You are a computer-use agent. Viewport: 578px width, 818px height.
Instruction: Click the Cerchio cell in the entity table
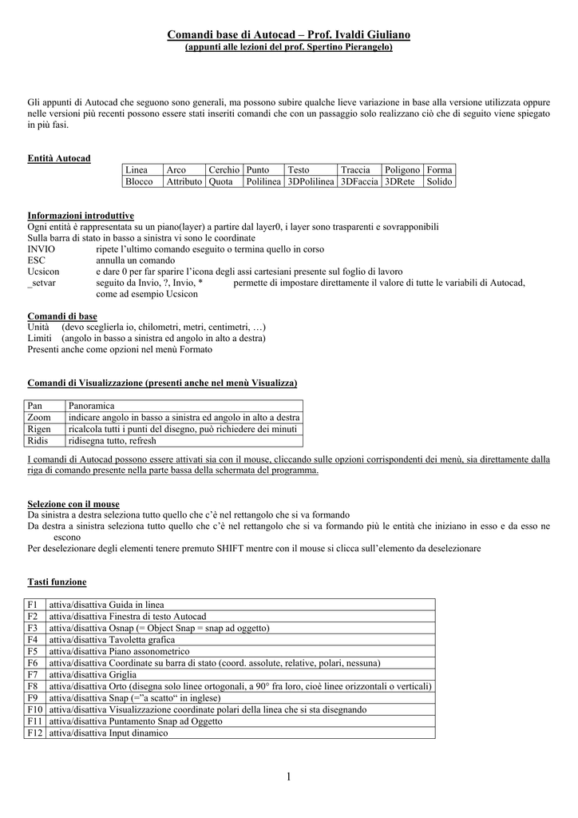click(x=224, y=170)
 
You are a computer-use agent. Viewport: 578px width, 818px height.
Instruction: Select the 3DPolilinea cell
click(x=311, y=182)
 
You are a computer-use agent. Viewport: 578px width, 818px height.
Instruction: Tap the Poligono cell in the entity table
click(x=402, y=170)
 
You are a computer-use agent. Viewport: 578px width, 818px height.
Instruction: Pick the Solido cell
click(x=439, y=182)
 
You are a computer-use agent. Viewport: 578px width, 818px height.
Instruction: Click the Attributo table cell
click(x=184, y=182)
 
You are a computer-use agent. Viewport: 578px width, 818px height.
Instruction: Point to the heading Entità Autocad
click(x=59, y=158)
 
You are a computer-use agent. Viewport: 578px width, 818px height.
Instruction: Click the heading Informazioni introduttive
click(x=81, y=216)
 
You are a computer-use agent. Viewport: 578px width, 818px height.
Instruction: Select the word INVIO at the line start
click(x=42, y=249)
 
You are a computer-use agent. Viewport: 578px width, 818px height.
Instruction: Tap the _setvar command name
click(x=42, y=283)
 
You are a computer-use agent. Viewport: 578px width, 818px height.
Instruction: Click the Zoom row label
click(x=39, y=418)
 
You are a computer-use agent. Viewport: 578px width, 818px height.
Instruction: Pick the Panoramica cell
click(x=92, y=407)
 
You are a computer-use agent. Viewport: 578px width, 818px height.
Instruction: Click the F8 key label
click(x=33, y=686)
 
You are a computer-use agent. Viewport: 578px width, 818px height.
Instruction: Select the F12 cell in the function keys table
click(x=35, y=733)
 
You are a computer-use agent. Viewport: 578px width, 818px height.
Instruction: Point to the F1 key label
click(x=33, y=605)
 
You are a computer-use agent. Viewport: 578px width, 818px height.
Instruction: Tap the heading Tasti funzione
click(x=57, y=582)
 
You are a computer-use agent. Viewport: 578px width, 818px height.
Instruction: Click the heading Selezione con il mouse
click(x=73, y=504)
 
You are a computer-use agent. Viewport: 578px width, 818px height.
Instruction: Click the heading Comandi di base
click(x=62, y=316)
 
